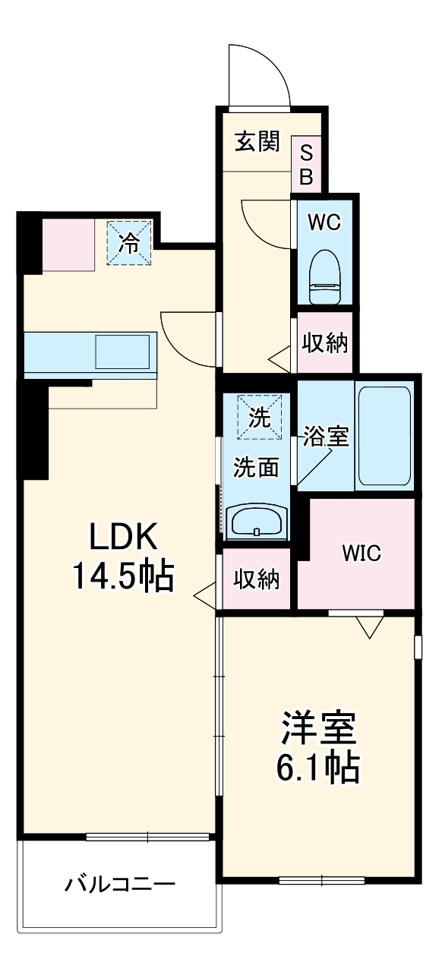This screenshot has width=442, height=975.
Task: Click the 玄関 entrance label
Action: pyautogui.click(x=256, y=141)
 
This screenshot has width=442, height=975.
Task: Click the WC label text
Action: pyautogui.click(x=324, y=222)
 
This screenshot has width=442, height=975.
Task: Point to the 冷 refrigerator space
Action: pyautogui.click(x=129, y=243)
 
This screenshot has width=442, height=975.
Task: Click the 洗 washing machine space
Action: pyautogui.click(x=259, y=417)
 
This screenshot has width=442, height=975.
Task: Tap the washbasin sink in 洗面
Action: pyautogui.click(x=257, y=522)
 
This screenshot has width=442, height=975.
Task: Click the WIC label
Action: pyautogui.click(x=361, y=553)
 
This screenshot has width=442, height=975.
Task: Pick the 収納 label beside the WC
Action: pyautogui.click(x=325, y=343)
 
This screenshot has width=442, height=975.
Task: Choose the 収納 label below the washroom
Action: pyautogui.click(x=256, y=579)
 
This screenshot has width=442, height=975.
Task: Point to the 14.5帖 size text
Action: pyautogui.click(x=124, y=577)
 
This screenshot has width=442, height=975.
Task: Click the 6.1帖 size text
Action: pyautogui.click(x=318, y=769)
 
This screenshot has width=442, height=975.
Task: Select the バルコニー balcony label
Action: pyautogui.click(x=120, y=885)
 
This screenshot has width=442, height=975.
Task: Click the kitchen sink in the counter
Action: pyautogui.click(x=122, y=351)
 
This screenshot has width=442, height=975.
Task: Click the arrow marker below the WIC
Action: pyautogui.click(x=370, y=626)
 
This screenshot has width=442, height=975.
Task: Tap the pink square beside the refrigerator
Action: pyautogui.click(x=68, y=244)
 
